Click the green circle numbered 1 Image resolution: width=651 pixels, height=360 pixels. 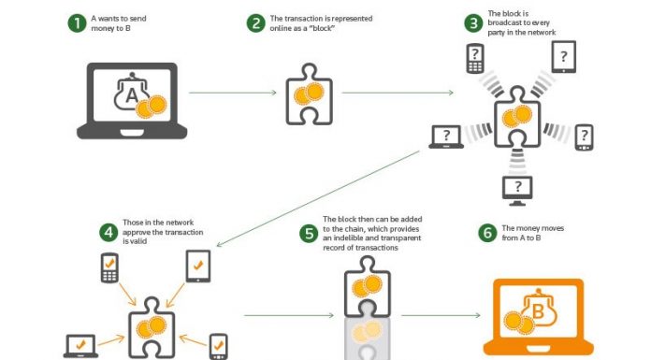[76, 22]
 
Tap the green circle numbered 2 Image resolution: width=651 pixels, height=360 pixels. [254, 22]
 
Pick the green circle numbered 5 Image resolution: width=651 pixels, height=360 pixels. [307, 232]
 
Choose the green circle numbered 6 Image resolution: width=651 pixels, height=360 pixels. [486, 232]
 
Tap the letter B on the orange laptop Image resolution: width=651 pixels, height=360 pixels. [539, 310]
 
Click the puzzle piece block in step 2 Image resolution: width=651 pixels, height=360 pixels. [310, 94]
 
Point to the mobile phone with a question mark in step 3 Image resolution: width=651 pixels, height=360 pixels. [475, 59]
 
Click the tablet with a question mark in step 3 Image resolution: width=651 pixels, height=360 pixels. [563, 58]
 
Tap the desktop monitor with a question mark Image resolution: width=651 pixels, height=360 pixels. [518, 187]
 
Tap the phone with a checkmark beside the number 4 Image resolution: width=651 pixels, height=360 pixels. [110, 268]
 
